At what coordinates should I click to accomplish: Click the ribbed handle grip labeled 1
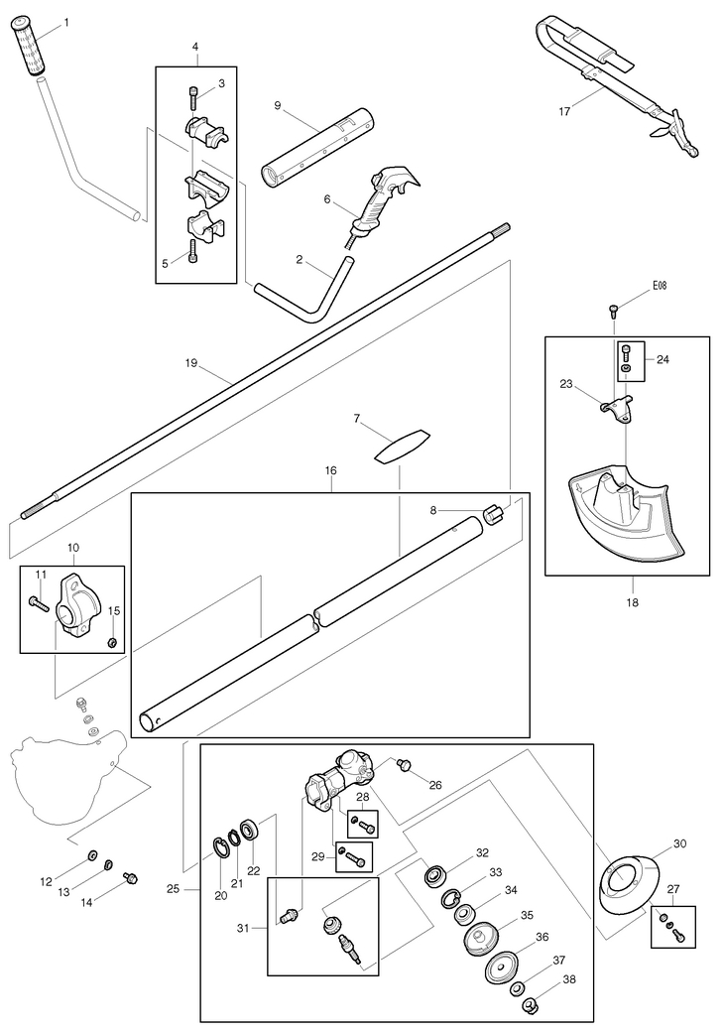click(31, 48)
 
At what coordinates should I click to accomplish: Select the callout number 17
click(564, 111)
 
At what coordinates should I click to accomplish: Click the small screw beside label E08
click(614, 309)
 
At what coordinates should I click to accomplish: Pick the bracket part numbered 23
click(617, 409)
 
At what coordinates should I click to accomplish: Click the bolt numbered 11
click(39, 602)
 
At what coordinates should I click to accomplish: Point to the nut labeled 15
click(112, 642)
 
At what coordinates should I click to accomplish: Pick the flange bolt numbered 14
click(130, 878)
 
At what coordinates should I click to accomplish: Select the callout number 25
click(173, 889)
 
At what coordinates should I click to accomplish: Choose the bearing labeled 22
click(251, 828)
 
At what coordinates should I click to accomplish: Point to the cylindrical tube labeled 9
click(317, 146)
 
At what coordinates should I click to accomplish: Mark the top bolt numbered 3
click(192, 97)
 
